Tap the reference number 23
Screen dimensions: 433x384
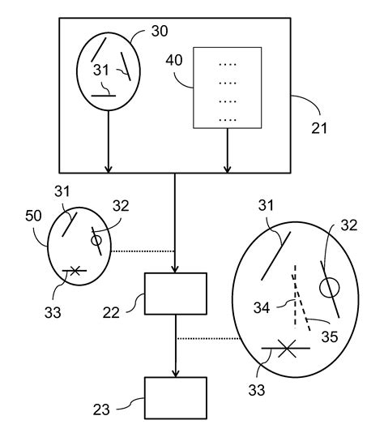pyautogui.click(x=114, y=409)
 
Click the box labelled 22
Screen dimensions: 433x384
pyautogui.click(x=175, y=294)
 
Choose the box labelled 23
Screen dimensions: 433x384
pyautogui.click(x=175, y=397)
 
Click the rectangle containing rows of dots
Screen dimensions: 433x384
pyautogui.click(x=228, y=87)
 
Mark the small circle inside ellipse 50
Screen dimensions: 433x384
pyautogui.click(x=96, y=239)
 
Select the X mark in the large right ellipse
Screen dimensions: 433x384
pyautogui.click(x=286, y=349)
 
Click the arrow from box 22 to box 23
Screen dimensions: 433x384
pyautogui.click(x=175, y=345)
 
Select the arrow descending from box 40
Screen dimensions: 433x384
pyautogui.click(x=228, y=150)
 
